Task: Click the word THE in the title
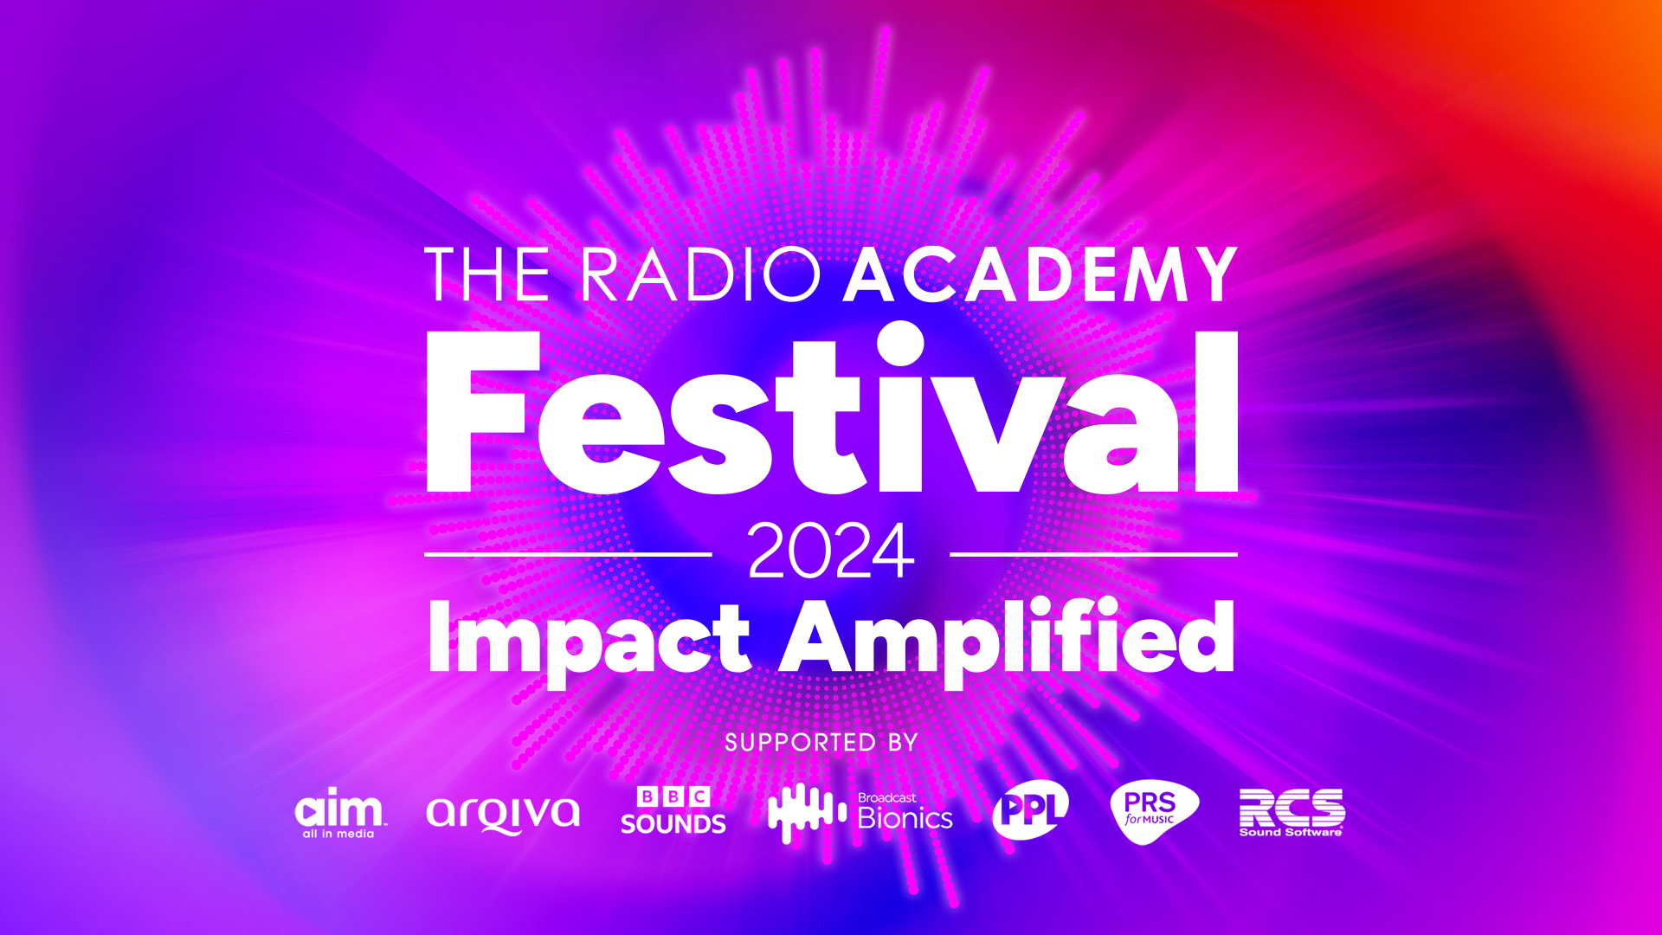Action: (x=486, y=275)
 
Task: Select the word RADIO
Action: (x=699, y=275)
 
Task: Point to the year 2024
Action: (x=831, y=551)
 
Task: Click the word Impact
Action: (x=589, y=639)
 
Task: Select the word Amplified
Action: (x=1008, y=639)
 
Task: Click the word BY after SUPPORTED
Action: (x=902, y=743)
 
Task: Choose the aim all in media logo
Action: (x=339, y=813)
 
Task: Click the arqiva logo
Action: (x=503, y=814)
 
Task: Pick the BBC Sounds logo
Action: (x=673, y=811)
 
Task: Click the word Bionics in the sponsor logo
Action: (x=905, y=819)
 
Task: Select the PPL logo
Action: (x=1030, y=811)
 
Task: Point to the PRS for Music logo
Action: (x=1153, y=811)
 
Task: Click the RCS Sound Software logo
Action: (x=1292, y=812)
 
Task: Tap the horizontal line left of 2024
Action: (x=568, y=554)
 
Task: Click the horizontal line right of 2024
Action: (x=1094, y=554)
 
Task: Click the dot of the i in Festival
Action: (x=901, y=344)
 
